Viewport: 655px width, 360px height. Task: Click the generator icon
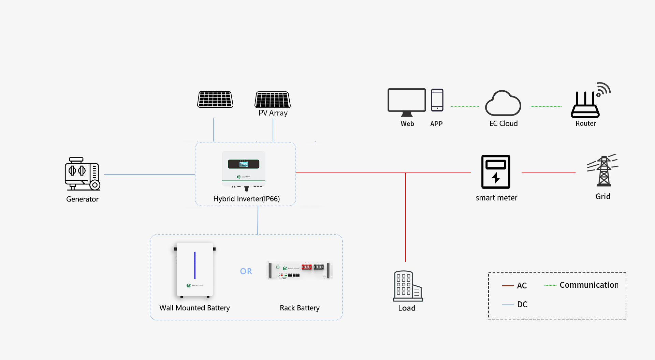(83, 174)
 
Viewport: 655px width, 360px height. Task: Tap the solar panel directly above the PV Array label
(273, 100)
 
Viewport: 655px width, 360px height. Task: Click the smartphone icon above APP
(437, 100)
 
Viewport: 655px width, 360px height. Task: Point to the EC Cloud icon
(503, 103)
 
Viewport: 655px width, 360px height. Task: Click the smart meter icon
(496, 172)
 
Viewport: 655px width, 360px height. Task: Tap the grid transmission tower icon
(603, 170)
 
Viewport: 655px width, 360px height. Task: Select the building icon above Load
(408, 286)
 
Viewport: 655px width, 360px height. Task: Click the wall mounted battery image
(195, 270)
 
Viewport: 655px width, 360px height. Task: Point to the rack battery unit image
(299, 270)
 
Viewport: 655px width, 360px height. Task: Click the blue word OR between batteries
(246, 271)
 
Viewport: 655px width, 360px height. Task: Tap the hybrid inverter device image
(244, 170)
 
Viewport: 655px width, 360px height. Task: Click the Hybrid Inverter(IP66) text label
(246, 199)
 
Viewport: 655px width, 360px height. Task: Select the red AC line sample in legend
(508, 286)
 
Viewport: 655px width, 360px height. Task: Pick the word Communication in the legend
(589, 285)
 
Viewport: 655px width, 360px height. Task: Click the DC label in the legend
(522, 304)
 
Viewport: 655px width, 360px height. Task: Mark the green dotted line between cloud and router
(546, 107)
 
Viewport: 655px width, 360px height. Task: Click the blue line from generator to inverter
(149, 175)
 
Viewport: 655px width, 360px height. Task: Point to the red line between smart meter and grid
(549, 173)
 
